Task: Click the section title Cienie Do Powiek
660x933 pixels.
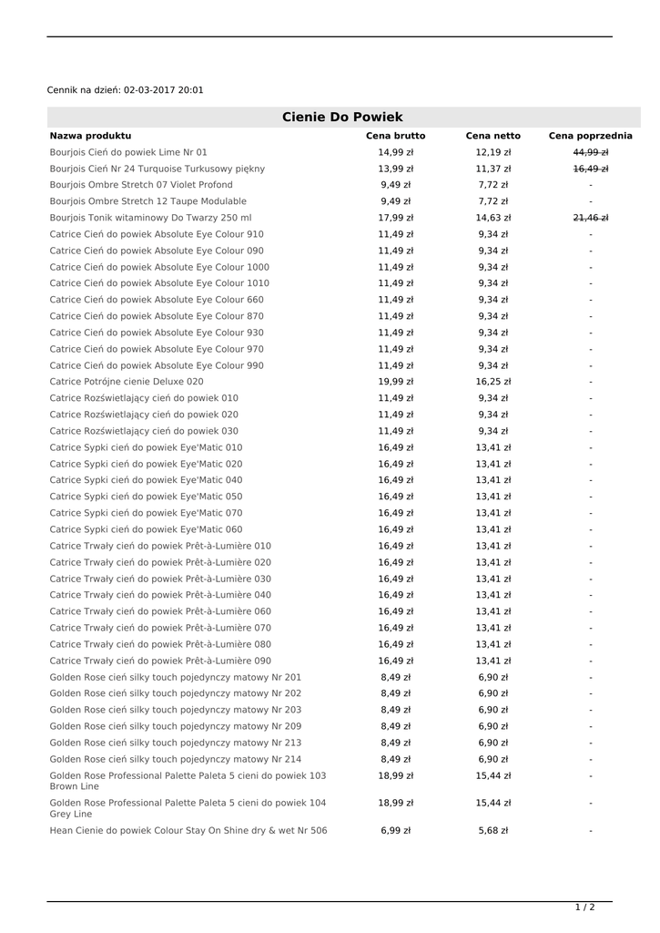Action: [x=342, y=117]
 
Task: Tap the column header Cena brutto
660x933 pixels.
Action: [x=395, y=136]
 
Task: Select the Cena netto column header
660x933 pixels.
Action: [x=493, y=136]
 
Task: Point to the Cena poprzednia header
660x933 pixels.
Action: [x=590, y=136]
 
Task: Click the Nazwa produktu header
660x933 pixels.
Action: [x=90, y=136]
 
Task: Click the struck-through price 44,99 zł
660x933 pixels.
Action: [x=590, y=152]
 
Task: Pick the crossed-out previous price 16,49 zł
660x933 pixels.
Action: [x=590, y=169]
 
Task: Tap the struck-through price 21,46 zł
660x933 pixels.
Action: [x=590, y=218]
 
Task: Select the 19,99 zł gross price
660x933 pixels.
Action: [x=395, y=382]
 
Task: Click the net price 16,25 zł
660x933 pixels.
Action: [x=493, y=382]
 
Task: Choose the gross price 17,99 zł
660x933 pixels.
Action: [x=395, y=218]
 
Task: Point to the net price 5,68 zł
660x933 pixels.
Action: [x=493, y=830]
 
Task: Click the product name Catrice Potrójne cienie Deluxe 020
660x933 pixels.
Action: [x=127, y=382]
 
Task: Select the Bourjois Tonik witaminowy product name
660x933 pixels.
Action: [x=150, y=218]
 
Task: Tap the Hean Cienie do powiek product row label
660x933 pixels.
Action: [x=188, y=830]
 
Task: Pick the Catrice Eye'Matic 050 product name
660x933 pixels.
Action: [x=146, y=497]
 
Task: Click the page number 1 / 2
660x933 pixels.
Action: [x=584, y=907]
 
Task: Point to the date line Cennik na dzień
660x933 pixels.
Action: [x=126, y=90]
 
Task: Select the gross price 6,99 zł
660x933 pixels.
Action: [x=395, y=830]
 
